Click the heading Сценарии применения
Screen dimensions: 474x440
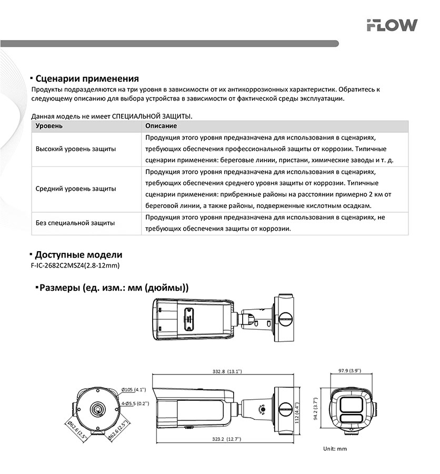[x=87, y=79]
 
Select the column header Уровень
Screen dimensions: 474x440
[x=49, y=126]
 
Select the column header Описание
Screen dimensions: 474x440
[x=161, y=126]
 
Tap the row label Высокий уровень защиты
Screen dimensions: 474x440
[x=76, y=149]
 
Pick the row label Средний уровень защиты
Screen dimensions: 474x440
[x=76, y=189]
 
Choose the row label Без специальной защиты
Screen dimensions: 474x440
[x=75, y=223]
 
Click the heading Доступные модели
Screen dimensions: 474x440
[x=78, y=255]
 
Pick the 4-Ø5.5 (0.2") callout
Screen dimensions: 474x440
[x=135, y=403]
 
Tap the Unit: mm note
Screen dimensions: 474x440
[x=335, y=449]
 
